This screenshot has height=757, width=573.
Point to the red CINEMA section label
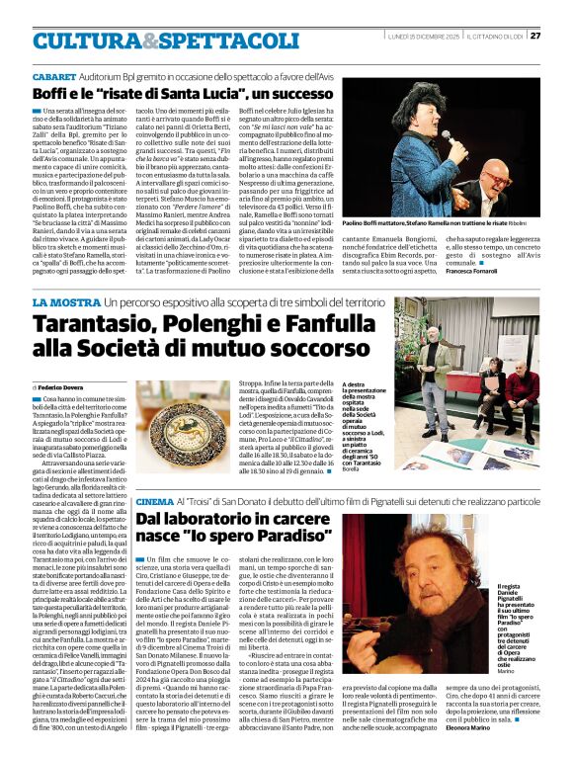point(156,502)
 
